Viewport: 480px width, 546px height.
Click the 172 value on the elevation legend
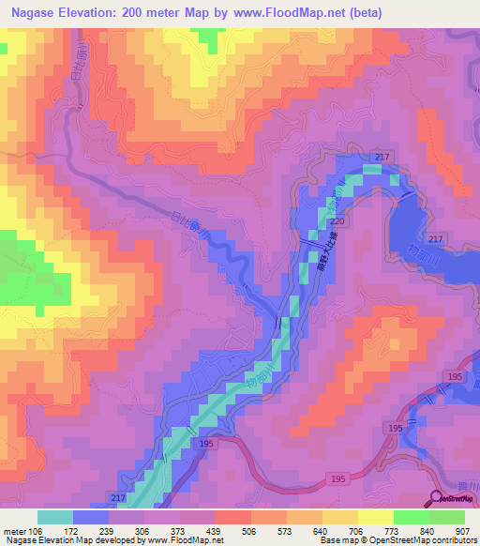click(x=71, y=530)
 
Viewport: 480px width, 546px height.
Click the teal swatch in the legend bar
click(x=55, y=517)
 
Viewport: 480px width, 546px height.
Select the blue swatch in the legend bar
click(x=91, y=517)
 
